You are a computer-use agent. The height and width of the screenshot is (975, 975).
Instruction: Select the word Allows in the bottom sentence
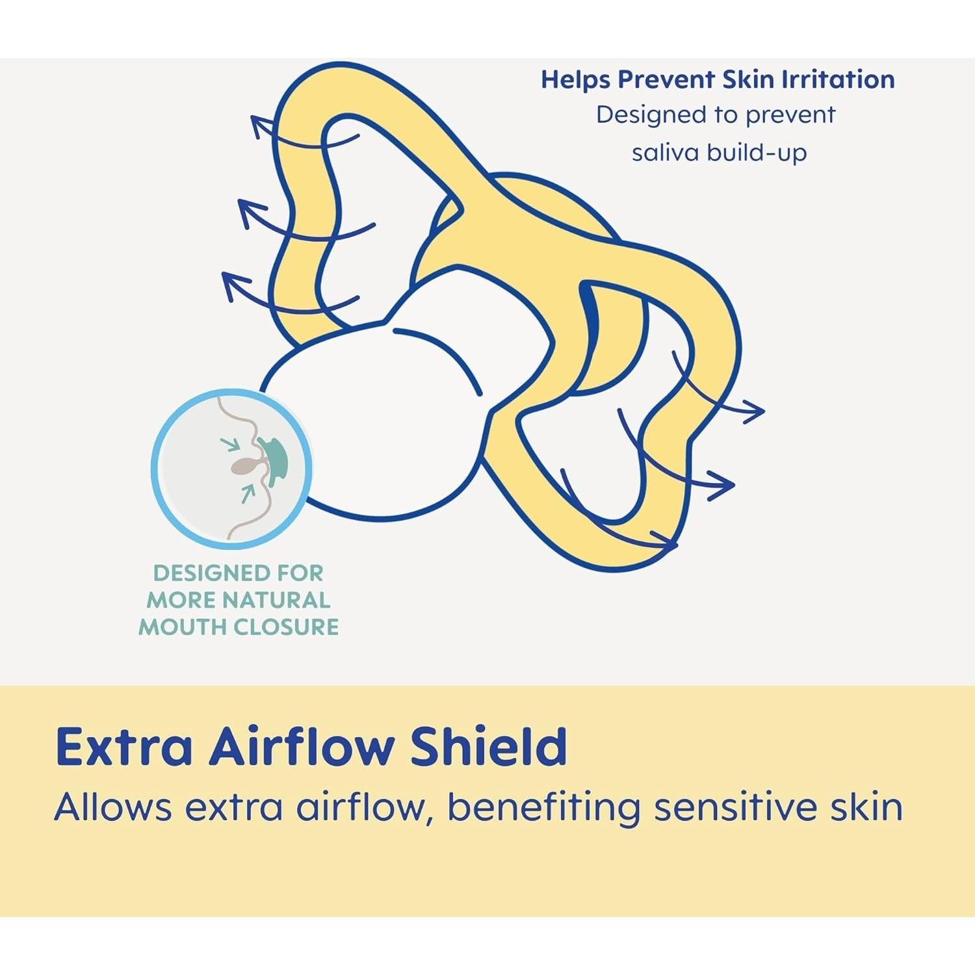[113, 808]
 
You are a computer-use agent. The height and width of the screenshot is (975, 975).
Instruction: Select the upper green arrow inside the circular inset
[229, 445]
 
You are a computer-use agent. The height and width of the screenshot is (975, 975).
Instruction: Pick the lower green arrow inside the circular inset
[247, 493]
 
